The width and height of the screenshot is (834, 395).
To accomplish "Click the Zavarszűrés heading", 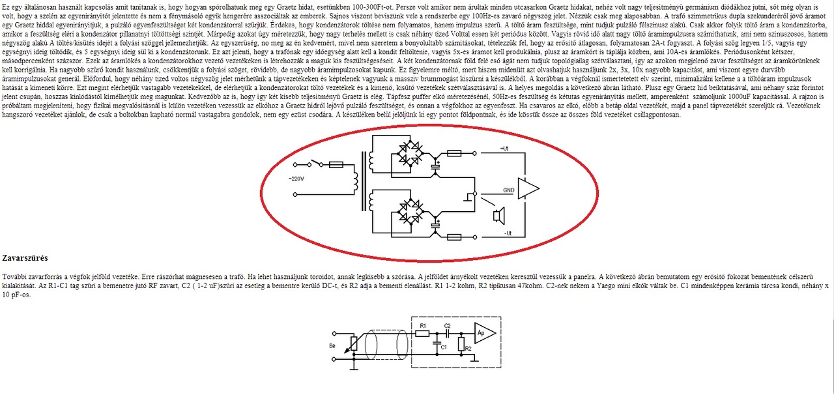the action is point(25,258).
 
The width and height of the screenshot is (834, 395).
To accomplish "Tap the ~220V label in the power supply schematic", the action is point(296,179).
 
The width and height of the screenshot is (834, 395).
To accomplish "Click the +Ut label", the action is point(504,149).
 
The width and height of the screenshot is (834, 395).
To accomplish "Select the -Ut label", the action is point(508,233).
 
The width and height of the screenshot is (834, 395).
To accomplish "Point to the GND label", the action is point(509,190).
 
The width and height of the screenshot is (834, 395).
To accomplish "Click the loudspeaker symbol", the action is point(498,215).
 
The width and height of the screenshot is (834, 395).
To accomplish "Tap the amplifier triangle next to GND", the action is point(528,188).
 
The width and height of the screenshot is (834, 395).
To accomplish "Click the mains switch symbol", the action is point(317,163).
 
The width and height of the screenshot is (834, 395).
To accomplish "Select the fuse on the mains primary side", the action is point(336,164).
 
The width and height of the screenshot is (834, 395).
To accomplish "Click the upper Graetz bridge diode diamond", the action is point(411,153).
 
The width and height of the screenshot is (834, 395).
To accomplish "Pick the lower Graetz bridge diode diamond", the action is point(411,212).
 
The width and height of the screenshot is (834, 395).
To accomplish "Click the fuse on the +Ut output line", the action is point(454,153).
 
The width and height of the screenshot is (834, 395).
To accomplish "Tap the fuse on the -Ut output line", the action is point(454,237).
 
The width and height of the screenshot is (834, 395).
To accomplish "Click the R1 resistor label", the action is point(423,326).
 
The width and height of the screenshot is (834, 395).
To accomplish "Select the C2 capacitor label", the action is point(447,326).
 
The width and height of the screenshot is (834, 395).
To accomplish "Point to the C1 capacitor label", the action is point(444,347).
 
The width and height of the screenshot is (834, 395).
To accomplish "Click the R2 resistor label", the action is point(468,349).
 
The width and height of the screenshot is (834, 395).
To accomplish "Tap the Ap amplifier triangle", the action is point(485,333).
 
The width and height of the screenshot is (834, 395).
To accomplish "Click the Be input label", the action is point(332,346).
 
